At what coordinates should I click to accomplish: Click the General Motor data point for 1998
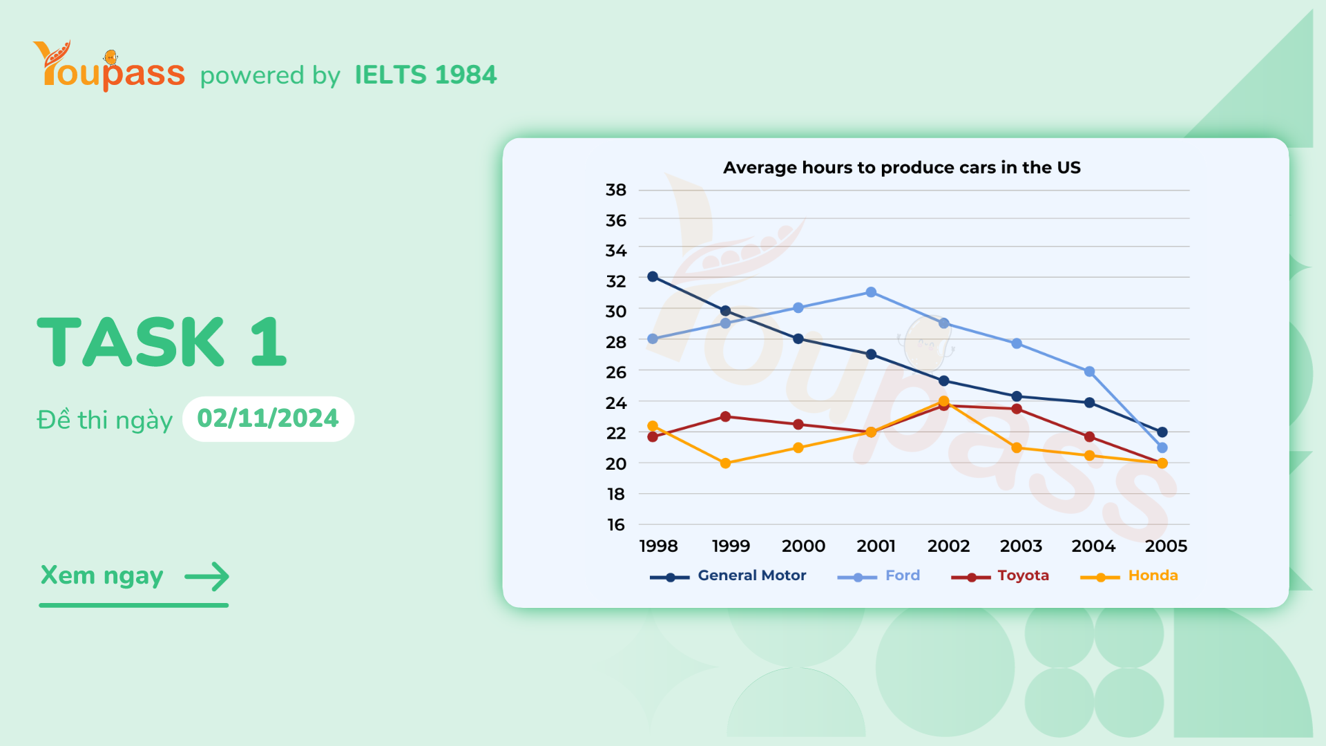[653, 277]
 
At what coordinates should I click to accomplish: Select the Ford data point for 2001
[871, 292]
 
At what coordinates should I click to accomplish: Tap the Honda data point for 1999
[725, 463]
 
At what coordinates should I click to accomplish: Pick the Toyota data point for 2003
[1017, 409]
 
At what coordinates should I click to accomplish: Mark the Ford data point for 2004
[1089, 372]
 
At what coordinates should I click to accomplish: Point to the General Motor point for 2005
[1162, 432]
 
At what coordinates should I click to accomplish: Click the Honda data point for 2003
[1017, 448]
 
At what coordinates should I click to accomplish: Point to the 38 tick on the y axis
[615, 190]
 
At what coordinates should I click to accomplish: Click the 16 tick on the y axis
[615, 525]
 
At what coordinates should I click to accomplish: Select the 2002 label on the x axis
[948, 546]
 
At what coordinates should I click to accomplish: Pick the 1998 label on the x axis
[658, 546]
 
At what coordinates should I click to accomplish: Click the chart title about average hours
[901, 168]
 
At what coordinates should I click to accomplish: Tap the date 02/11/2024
[268, 419]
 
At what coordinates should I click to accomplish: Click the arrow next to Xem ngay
[206, 576]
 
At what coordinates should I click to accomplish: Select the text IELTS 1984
[425, 75]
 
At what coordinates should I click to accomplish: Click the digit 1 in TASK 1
[269, 342]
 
